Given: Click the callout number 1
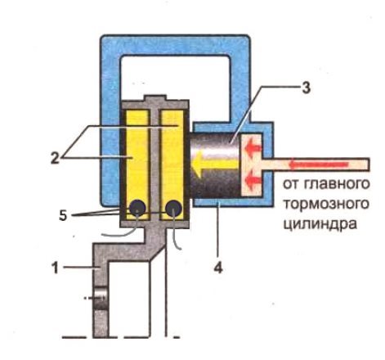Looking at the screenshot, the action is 55,268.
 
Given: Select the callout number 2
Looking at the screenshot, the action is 55,158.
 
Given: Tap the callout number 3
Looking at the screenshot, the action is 306,88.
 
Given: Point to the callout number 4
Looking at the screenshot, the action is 218,268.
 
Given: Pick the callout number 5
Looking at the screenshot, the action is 63,215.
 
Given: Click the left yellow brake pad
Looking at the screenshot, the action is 137,164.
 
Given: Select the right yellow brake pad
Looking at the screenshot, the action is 172,164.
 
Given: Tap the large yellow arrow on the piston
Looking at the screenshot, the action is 216,165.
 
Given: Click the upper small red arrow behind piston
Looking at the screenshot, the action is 253,148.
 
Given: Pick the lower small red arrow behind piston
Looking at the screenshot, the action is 253,181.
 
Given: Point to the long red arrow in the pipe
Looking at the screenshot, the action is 318,164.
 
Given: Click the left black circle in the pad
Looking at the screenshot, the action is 137,208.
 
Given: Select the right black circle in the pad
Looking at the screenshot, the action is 174,209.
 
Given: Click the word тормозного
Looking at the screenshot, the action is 326,205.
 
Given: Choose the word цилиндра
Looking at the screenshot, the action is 320,224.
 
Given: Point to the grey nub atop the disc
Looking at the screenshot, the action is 155,98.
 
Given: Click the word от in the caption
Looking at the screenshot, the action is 291,184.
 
